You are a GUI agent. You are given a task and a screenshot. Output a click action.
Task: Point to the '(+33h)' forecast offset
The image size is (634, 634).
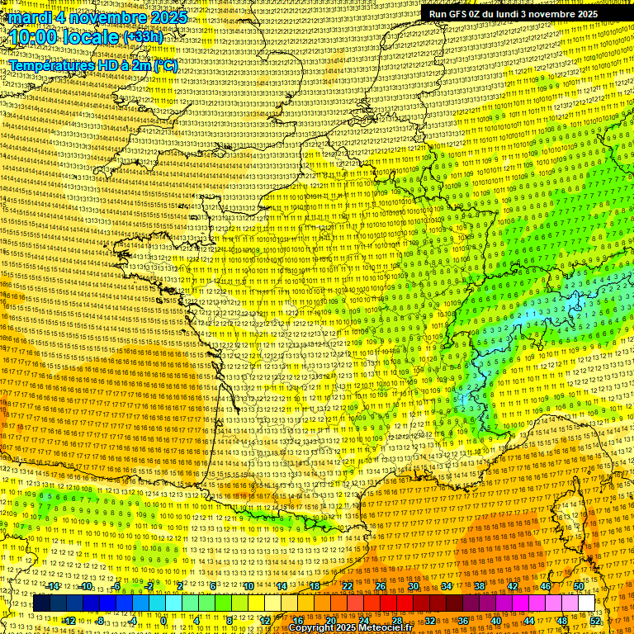pos(143,37)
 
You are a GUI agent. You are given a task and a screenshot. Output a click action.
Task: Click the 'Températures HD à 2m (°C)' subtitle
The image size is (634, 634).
pos(92,65)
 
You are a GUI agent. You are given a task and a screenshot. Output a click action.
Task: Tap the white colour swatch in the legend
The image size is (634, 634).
pos(587,603)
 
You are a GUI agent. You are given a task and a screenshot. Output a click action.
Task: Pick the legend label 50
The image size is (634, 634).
pos(578,586)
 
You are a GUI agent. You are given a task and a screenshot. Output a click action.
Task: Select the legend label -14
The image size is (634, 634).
pos(54,586)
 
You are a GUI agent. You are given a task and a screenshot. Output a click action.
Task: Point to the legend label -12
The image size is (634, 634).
pos(69,620)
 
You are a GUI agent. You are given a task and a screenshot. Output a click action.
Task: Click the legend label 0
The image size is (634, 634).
pos(164,620)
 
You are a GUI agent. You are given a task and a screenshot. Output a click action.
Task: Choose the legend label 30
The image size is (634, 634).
pos(413,586)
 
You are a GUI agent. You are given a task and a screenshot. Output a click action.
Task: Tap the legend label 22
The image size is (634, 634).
pos(348,586)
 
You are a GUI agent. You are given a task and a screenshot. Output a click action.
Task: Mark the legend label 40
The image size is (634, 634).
pos(495,620)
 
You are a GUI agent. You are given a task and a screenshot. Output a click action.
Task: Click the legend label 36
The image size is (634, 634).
pos(462,620)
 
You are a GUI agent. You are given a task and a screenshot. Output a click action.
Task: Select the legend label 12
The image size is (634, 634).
pos(265,620)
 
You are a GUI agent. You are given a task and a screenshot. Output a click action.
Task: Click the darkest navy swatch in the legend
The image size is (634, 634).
pos(41,603)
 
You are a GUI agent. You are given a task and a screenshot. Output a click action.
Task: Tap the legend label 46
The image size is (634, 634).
pos(545,586)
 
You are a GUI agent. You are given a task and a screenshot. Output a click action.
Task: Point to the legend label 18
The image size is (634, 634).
pos(314,586)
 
